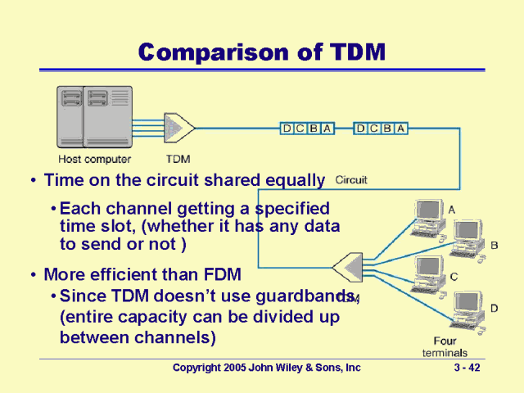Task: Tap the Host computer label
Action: click(95, 159)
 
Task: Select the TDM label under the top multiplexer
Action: click(178, 159)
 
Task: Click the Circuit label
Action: click(351, 180)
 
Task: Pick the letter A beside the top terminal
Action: click(452, 210)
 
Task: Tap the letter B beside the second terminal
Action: click(494, 245)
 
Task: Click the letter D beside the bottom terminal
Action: click(494, 308)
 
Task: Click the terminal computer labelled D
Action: click(468, 311)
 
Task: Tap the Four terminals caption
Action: click(445, 346)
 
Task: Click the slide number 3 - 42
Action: click(467, 368)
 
